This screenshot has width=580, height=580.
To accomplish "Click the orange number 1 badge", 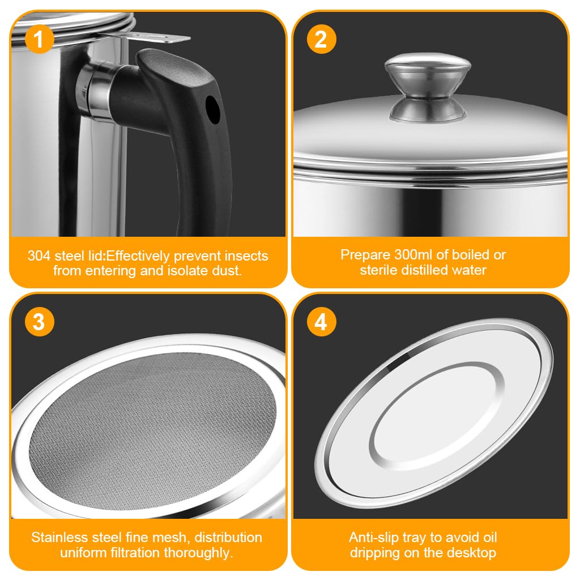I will pos(39,40).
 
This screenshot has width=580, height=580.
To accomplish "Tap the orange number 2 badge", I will pos(321,40).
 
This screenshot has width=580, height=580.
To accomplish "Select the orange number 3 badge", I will pos(39,321).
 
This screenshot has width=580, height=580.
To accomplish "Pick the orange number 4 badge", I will pos(321,321).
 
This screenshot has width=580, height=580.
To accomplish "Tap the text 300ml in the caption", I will pos(415,255).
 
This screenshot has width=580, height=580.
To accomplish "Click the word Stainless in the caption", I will pos(60,537).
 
